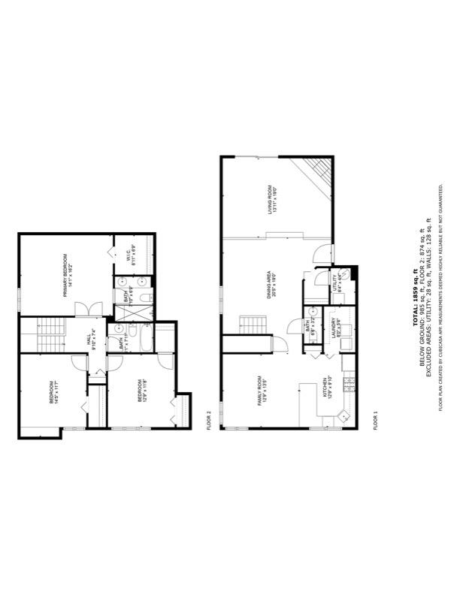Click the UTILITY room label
[337, 282]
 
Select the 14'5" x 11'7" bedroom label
[54, 391]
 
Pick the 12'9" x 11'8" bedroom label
[142, 391]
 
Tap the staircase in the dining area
[253, 325]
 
